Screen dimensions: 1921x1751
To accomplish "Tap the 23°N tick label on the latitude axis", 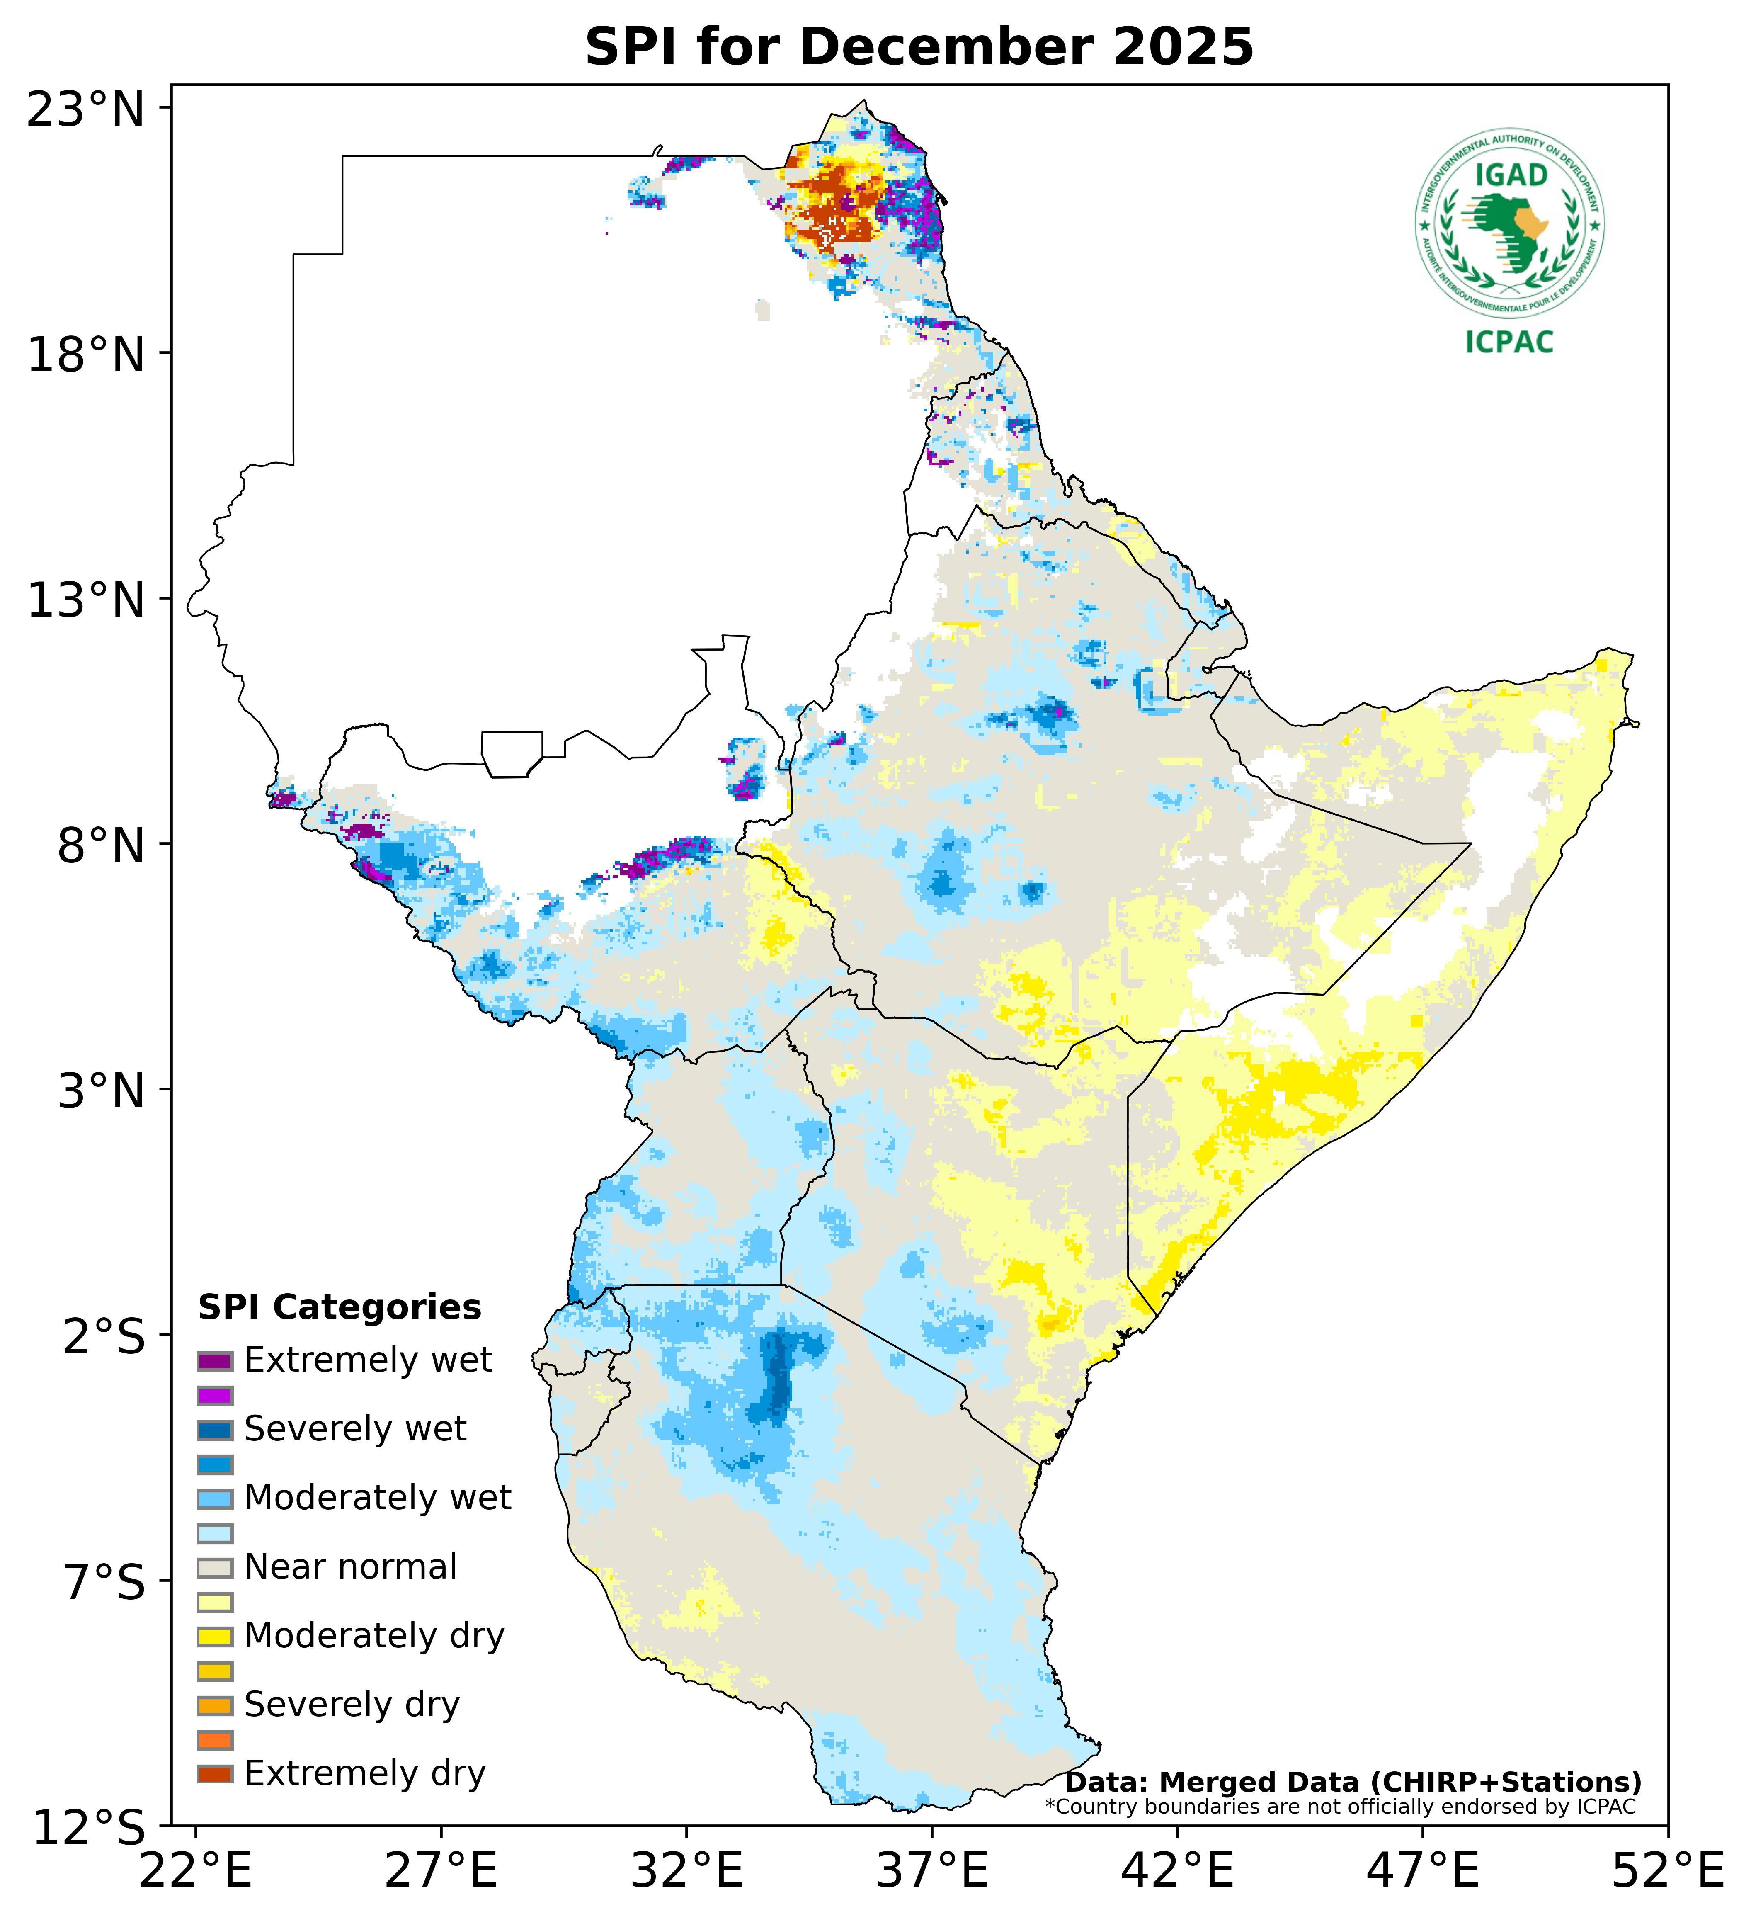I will click(x=86, y=109).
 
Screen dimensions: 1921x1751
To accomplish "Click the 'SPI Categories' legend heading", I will click(x=339, y=1307).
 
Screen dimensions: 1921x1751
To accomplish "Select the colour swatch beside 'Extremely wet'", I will click(x=215, y=1361).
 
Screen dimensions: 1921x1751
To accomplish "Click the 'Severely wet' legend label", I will click(x=355, y=1429).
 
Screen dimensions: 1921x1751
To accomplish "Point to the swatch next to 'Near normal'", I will click(x=215, y=1567).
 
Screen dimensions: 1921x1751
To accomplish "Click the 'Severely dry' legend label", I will click(x=352, y=1705).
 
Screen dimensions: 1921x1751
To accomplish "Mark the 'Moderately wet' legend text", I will click(x=377, y=1498).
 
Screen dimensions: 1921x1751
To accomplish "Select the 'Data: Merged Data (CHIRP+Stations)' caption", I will click(x=1353, y=1782).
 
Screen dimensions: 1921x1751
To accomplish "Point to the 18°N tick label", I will click(x=86, y=355).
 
